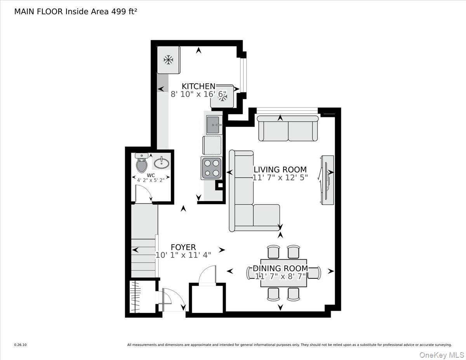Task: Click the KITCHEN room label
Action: pos(198,86)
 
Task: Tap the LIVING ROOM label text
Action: pos(280,170)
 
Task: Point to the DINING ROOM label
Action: pos(280,268)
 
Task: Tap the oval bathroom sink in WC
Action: pos(161,162)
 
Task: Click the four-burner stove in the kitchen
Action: pos(211,168)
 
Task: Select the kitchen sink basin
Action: pos(214,125)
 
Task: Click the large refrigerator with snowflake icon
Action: pos(168,60)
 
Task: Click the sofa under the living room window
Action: pos(288,130)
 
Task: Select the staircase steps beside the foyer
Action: pos(144,256)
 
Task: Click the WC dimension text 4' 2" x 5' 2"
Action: pos(151,180)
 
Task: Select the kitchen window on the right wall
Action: pos(243,75)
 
